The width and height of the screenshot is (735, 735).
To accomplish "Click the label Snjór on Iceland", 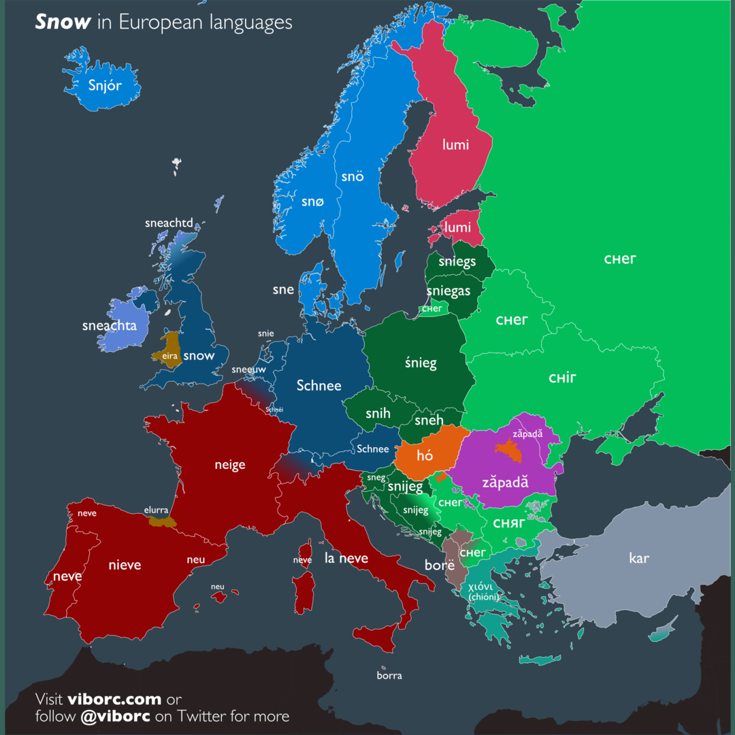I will point(105,86).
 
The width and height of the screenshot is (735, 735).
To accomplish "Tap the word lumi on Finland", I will point(455,144).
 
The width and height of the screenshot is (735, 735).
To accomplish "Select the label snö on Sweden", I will point(353,176).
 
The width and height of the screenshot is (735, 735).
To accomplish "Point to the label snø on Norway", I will point(313,201).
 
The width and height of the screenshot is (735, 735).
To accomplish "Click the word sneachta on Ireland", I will point(110,325).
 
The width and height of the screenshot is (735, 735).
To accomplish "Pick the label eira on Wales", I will point(169,355).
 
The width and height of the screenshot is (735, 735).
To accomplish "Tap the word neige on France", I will point(229,465).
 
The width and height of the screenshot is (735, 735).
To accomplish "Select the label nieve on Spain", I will point(125,564).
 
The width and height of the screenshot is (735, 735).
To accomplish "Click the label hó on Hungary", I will point(425,455).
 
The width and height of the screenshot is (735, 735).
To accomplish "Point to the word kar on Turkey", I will point(639,558).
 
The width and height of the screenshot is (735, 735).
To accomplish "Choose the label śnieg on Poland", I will point(421,363).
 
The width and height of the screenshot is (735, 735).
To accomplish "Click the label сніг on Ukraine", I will point(563,377).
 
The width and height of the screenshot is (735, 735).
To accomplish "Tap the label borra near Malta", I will point(389,675).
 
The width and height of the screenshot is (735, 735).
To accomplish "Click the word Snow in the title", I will point(63,22).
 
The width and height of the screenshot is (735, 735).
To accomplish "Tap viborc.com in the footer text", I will point(114,699).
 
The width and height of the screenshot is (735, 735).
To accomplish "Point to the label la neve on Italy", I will point(346,558).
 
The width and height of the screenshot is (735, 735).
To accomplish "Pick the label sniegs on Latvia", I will point(457,261).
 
